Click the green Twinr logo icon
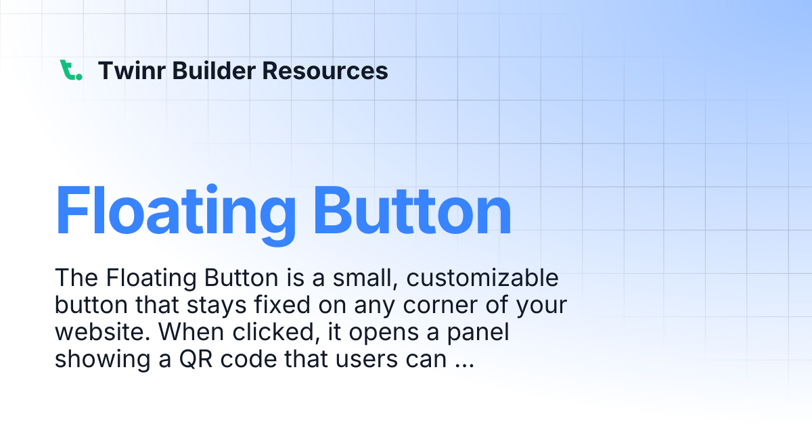click(x=70, y=70)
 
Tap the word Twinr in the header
click(x=132, y=70)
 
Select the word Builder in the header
click(x=214, y=70)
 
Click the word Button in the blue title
click(x=412, y=211)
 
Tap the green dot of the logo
click(x=79, y=77)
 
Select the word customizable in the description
click(x=482, y=278)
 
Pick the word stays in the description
click(x=217, y=306)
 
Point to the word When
click(x=191, y=331)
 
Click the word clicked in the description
click(x=276, y=332)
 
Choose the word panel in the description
click(x=478, y=333)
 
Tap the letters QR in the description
click(x=196, y=359)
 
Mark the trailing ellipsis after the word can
click(x=464, y=366)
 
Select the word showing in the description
click(x=103, y=360)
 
